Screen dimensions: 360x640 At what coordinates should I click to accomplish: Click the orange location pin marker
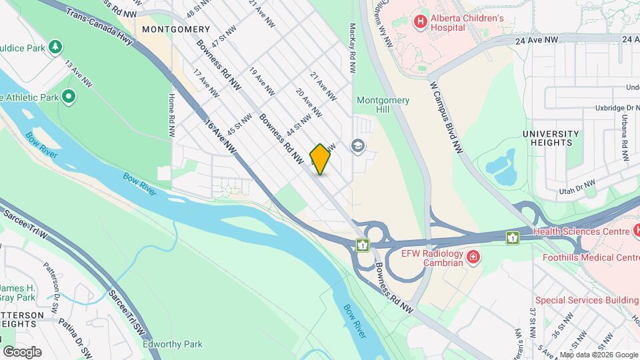(320, 159)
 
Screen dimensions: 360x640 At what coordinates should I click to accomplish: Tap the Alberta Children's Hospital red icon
(420, 22)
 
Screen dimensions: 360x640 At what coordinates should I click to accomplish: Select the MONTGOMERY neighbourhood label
(176, 29)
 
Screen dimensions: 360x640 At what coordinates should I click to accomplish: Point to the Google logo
(22, 352)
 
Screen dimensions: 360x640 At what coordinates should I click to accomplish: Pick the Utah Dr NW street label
(577, 187)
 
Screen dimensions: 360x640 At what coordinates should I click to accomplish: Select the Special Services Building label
(586, 301)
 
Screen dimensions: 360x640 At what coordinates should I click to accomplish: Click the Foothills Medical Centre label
(591, 257)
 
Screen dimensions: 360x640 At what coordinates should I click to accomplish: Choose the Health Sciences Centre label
(581, 231)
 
